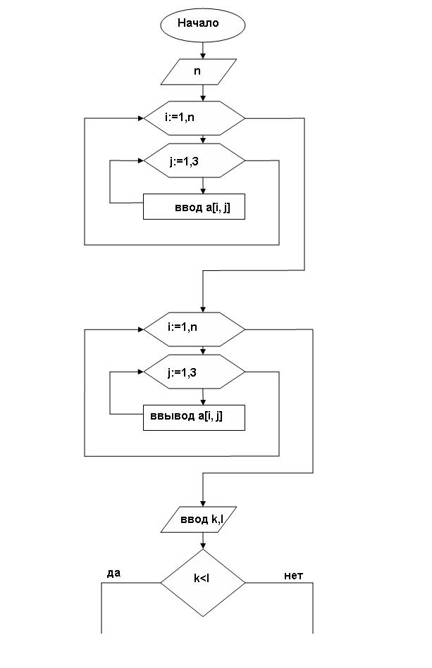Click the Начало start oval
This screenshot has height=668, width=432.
202,25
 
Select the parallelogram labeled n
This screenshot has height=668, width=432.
198,72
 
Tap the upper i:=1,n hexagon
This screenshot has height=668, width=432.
195,118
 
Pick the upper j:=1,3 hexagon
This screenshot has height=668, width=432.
195,160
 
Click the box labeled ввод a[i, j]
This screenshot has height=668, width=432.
194,207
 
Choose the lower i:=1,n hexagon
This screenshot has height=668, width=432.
195,329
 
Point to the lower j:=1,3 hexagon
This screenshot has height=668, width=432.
195,372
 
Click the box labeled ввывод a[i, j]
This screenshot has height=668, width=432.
194,417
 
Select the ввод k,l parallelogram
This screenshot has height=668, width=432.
198,519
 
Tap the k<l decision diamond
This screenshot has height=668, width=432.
202,582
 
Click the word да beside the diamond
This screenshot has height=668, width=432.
113,573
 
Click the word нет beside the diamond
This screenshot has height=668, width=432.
293,576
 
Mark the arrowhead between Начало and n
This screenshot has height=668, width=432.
202,56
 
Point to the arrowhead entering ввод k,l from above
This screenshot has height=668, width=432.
202,503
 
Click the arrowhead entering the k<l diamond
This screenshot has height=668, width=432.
202,546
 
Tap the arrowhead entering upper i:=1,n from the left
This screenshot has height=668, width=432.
141,118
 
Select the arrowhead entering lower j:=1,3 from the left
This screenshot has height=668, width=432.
141,372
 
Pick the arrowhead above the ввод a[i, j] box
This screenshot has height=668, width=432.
202,191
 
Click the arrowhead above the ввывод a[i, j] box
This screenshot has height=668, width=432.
202,402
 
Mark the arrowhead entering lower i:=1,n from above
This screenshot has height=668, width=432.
202,309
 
